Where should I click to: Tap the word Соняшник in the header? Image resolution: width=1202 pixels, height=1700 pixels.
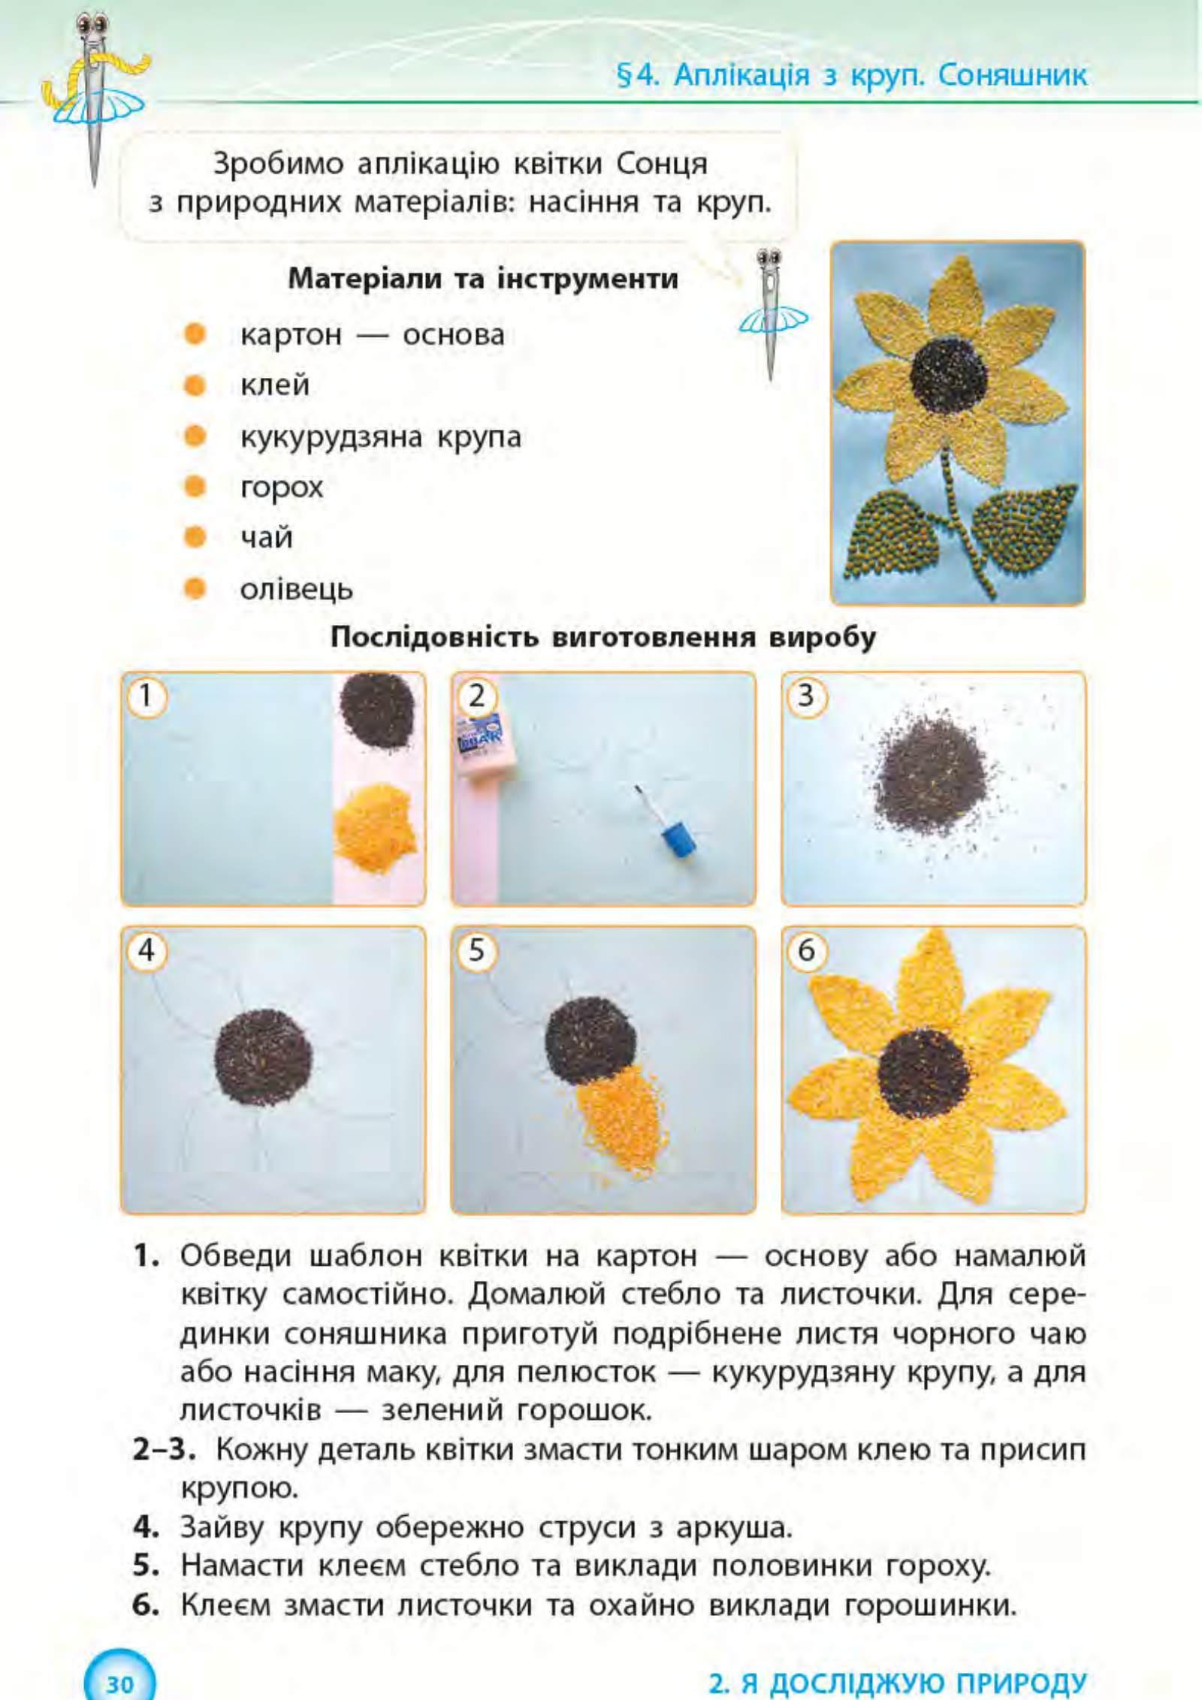[1012, 75]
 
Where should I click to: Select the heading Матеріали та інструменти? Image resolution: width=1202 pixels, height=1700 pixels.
[483, 279]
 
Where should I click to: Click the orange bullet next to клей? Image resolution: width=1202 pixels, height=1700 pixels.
[195, 385]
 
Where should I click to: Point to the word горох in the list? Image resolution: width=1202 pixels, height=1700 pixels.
[281, 488]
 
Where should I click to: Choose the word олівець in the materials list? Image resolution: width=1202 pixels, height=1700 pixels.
[296, 589]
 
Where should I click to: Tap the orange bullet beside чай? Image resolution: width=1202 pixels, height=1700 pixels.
[195, 537]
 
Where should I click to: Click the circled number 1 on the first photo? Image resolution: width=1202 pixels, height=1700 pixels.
[146, 696]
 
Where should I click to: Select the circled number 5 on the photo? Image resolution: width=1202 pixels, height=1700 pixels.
[476, 951]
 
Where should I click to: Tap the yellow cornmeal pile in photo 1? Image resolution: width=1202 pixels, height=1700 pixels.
[374, 826]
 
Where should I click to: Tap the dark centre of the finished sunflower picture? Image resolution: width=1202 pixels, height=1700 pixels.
[949, 374]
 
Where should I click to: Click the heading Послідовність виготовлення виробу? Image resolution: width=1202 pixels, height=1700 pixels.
[603, 638]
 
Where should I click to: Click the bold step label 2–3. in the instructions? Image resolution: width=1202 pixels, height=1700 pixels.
[164, 1449]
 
